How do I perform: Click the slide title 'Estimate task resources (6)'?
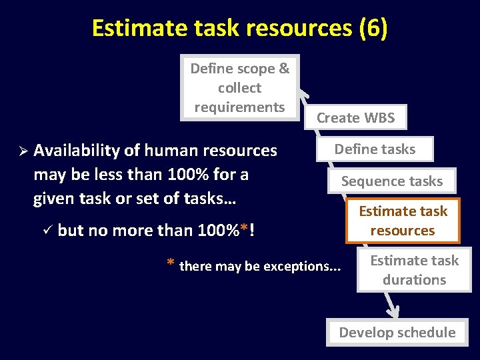239,28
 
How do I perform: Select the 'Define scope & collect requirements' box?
240,87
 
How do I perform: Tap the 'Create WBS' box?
355,118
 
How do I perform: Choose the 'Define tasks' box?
375,149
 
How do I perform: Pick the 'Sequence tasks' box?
392,181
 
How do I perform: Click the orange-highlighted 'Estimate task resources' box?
403,221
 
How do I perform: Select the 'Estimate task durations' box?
414,270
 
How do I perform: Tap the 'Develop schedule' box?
397,333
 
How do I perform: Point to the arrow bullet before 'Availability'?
21,151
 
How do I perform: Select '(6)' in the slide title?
373,28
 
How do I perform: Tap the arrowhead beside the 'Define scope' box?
303,96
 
